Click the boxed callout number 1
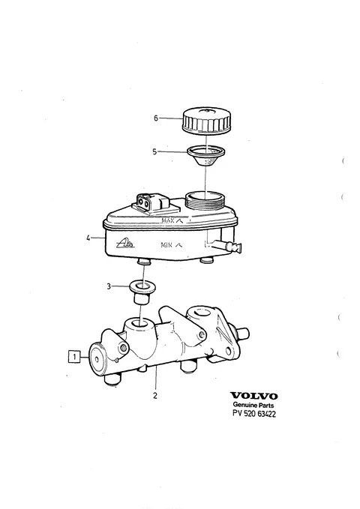74,357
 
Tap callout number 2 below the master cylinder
155,396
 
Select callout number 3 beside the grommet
109,286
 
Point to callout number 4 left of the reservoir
88,238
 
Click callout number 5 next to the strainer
154,151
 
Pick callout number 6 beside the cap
156,118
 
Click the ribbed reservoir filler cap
207,120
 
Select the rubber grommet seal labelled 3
142,292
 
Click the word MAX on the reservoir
168,220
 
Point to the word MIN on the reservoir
166,245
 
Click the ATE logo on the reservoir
125,243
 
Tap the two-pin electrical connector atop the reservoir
152,205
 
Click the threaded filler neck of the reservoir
205,201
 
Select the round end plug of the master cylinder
97,358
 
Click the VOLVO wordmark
254,396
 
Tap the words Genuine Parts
253,405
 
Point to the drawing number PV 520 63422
254,414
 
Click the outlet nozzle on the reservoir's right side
231,247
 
